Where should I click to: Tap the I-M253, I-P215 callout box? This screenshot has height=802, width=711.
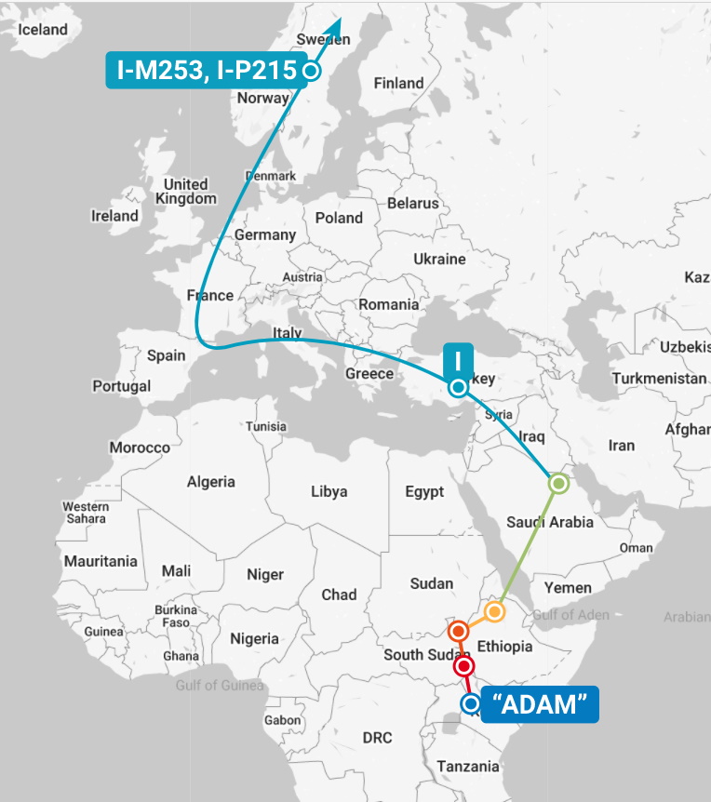pos(207,70)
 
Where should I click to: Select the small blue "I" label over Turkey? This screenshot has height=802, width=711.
pos(459,359)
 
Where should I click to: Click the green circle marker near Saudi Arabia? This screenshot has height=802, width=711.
pos(558,483)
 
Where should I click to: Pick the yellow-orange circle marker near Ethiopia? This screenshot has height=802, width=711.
pos(494,611)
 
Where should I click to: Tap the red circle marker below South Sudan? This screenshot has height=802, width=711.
pos(463,666)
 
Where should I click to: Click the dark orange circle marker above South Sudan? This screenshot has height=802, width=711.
pos(457,632)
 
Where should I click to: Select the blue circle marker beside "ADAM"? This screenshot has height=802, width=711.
pos(471,704)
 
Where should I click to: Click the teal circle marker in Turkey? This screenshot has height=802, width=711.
pos(457,387)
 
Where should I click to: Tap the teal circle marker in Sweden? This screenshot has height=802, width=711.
pos(313,71)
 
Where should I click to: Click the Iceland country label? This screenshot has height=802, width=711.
pos(43,29)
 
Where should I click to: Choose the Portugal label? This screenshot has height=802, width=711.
pos(121,385)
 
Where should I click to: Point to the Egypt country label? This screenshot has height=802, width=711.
pos(424,491)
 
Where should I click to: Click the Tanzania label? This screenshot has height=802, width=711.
pos(468,766)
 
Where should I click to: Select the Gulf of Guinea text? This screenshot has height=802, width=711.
pos(220,686)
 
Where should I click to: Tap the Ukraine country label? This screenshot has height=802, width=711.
pos(438,258)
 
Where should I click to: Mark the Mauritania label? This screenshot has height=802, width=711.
pos(101,561)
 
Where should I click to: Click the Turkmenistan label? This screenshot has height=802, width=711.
pos(659,379)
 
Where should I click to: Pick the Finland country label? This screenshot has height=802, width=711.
pos(398,83)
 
